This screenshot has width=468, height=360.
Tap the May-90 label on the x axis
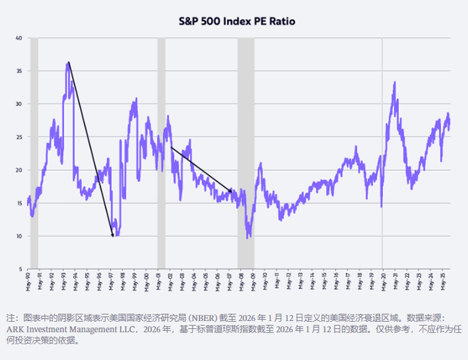click(28, 283)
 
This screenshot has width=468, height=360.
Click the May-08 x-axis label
click(243, 283)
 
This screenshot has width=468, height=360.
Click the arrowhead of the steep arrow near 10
click(113, 235)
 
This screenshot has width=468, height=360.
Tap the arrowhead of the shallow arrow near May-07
click(231, 191)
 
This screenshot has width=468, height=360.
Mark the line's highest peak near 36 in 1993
click(68, 63)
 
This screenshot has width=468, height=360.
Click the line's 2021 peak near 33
click(394, 83)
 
